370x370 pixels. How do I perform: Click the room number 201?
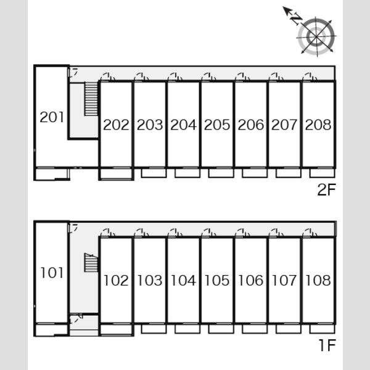point(52,117)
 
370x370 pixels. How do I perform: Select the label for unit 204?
point(183,125)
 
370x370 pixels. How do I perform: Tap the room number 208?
point(318,125)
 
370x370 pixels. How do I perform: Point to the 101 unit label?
point(52,273)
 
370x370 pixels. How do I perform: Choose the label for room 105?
point(217,281)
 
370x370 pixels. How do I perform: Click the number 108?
point(318,281)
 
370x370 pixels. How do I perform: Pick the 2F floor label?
point(326,189)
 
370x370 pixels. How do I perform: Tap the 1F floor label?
point(327,345)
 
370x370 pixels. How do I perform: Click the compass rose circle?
point(316,36)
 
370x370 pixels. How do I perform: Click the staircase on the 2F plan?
point(91,99)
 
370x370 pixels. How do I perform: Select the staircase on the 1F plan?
point(91,263)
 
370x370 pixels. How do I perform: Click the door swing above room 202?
point(107,77)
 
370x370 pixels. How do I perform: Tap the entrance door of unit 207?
point(276,77)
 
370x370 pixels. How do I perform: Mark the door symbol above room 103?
point(141,232)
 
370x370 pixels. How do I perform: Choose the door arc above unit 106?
point(242,232)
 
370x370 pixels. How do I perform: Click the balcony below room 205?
point(221,173)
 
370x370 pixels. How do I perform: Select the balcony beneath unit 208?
point(323,173)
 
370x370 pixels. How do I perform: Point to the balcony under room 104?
point(187,329)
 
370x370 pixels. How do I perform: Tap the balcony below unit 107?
point(289,329)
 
